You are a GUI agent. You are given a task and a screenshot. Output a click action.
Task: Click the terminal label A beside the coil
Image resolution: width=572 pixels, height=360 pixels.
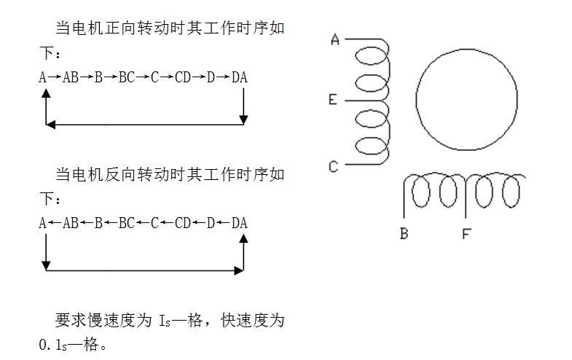(x=335, y=39)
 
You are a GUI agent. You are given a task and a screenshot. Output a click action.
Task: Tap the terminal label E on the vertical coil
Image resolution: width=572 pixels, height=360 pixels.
(x=332, y=99)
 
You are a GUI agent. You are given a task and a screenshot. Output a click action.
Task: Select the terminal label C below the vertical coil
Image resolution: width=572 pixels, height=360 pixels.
(x=333, y=167)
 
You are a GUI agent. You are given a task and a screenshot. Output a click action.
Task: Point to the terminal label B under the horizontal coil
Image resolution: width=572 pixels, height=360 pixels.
(x=404, y=233)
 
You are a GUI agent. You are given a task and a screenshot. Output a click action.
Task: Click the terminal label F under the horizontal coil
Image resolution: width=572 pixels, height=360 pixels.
(x=466, y=233)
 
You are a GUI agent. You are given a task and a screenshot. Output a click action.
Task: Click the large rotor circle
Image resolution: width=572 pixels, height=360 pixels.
(x=466, y=99)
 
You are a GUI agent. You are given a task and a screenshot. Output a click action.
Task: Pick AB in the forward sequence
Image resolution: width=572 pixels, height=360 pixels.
(x=71, y=77)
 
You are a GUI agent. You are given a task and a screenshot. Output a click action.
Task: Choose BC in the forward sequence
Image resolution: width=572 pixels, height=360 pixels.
(x=127, y=77)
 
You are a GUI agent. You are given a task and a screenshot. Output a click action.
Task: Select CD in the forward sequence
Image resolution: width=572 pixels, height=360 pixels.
(x=183, y=77)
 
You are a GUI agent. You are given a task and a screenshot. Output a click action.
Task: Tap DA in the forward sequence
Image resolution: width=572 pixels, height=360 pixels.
(x=239, y=77)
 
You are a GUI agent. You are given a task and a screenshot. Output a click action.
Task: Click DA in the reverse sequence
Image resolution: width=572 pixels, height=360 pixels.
(x=239, y=223)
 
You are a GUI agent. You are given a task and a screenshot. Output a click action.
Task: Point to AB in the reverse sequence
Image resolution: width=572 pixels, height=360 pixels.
(x=71, y=223)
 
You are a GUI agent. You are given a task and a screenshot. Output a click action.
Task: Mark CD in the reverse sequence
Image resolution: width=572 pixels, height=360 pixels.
(x=183, y=223)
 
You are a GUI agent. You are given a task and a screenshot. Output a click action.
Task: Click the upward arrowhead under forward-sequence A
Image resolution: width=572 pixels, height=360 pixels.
(x=46, y=93)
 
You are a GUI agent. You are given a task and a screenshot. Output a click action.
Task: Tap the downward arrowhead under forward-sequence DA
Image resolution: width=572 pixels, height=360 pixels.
(x=243, y=120)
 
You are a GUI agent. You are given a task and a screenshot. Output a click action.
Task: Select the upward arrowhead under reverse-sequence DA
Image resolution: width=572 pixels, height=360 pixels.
(x=243, y=238)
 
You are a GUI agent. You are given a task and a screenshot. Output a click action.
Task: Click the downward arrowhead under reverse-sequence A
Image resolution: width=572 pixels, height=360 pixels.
(x=46, y=266)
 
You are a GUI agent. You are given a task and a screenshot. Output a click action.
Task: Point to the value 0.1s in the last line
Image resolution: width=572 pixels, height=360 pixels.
(x=53, y=345)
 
